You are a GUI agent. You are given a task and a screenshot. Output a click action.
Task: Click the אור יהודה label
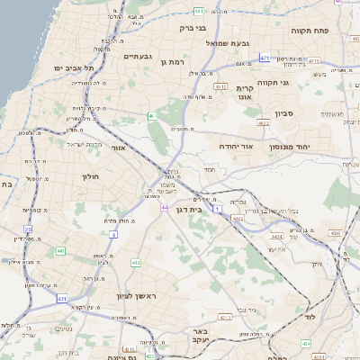[235, 145]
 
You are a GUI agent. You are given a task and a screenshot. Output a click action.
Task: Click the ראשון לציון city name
[136, 296]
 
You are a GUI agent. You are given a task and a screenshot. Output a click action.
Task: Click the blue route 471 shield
[265, 58]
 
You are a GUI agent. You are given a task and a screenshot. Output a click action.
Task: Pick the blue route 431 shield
[62, 298]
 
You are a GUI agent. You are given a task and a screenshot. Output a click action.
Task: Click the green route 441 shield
[59, 250]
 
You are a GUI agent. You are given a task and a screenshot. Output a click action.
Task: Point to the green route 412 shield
[135, 263]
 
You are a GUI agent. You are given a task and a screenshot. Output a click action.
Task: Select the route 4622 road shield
[238, 218]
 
